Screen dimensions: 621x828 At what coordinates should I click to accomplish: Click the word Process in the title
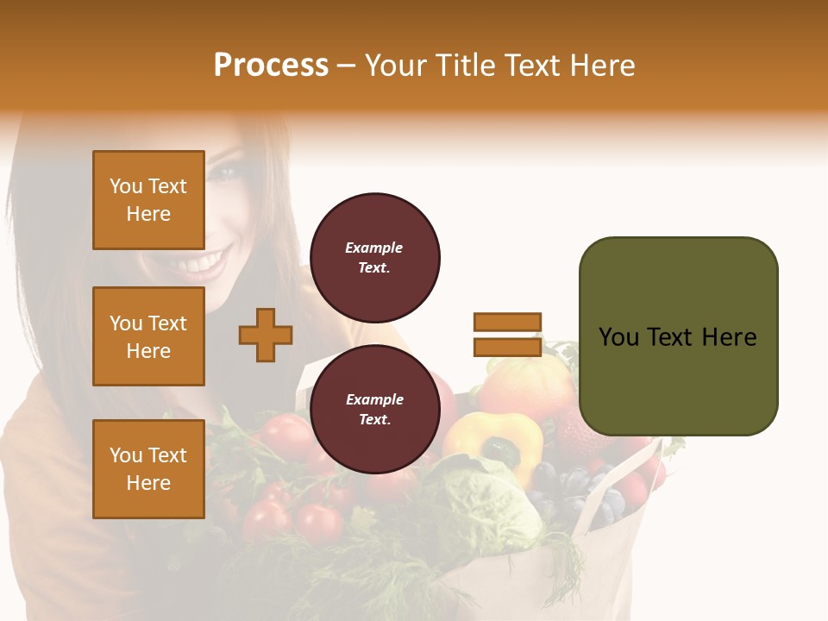point(271,65)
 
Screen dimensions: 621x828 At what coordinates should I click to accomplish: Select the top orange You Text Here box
point(148,200)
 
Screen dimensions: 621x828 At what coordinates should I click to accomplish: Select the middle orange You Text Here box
point(148,336)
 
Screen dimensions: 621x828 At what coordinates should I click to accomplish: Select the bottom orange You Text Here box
point(148,468)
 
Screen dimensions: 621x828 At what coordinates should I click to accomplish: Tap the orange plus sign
point(266,335)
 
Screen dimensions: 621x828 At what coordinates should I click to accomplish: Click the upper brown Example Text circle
point(374,258)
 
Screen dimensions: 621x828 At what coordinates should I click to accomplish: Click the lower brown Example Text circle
point(374,410)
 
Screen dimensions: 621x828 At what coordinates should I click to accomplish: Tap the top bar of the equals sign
point(507,322)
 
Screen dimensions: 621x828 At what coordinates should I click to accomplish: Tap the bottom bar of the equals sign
point(507,347)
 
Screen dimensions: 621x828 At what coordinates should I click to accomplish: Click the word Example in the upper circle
point(374,248)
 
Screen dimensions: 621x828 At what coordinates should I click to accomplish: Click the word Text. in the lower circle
point(374,419)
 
